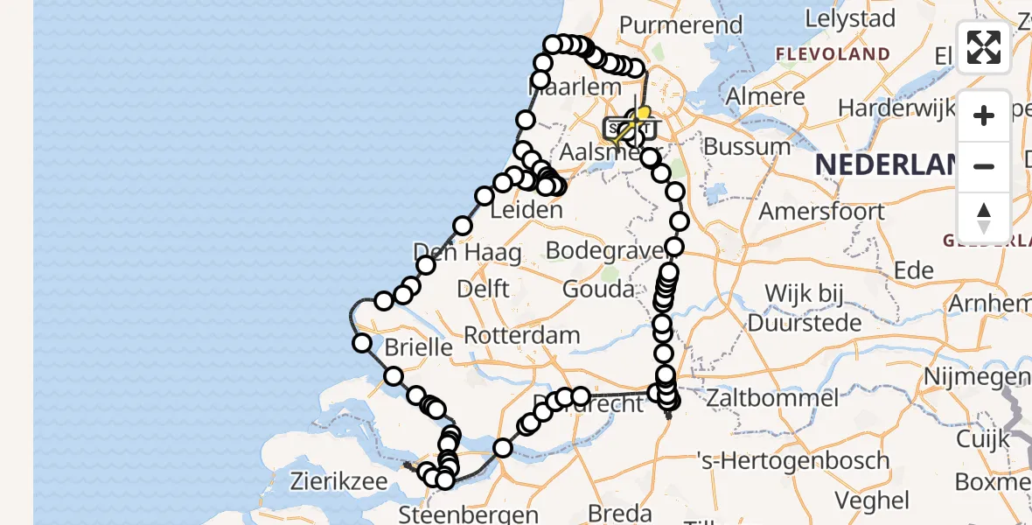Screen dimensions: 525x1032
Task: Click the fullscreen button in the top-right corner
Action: [x=984, y=47]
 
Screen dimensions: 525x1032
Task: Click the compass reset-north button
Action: [x=984, y=218]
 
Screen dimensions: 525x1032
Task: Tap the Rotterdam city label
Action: [x=521, y=335]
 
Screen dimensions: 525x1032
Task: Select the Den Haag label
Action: [x=467, y=254]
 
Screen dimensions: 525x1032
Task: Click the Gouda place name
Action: [x=599, y=289]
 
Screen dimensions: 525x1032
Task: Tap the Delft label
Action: [x=483, y=288]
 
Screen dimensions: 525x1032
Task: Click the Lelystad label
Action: [x=850, y=18]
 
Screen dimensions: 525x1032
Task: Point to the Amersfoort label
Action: [x=821, y=211]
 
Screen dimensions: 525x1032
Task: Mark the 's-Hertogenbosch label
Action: [x=794, y=460]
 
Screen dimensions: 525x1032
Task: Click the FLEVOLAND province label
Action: [x=833, y=54]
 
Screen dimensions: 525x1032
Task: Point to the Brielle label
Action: [x=419, y=346]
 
